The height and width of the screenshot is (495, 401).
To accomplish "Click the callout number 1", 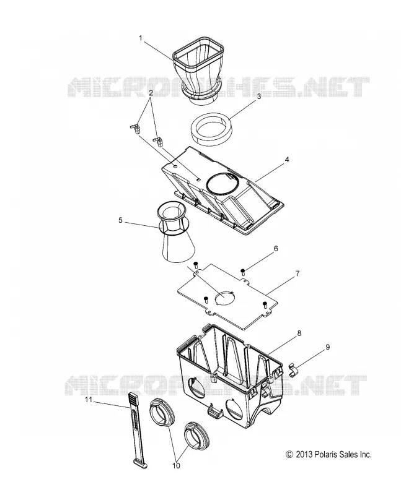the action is [141, 38].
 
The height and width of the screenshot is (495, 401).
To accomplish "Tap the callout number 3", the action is [258, 97].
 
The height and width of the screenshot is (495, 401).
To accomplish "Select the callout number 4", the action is [286, 160].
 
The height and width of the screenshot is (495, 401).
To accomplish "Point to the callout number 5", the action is [120, 220].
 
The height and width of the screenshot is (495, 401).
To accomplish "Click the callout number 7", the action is [297, 273].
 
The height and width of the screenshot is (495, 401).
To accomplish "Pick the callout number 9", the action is [328, 347].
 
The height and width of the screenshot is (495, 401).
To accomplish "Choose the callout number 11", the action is [89, 400].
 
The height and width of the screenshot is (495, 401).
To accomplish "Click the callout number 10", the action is [176, 465].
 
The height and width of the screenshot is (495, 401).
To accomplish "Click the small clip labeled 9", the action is [294, 369].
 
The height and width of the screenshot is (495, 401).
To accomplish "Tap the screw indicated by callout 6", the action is [243, 272].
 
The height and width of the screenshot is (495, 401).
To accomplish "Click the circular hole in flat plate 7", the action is [225, 297].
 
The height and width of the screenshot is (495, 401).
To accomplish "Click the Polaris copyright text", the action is [328, 455].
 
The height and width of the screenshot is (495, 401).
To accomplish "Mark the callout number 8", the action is [299, 333].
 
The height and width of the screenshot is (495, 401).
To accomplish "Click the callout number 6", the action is [275, 249].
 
